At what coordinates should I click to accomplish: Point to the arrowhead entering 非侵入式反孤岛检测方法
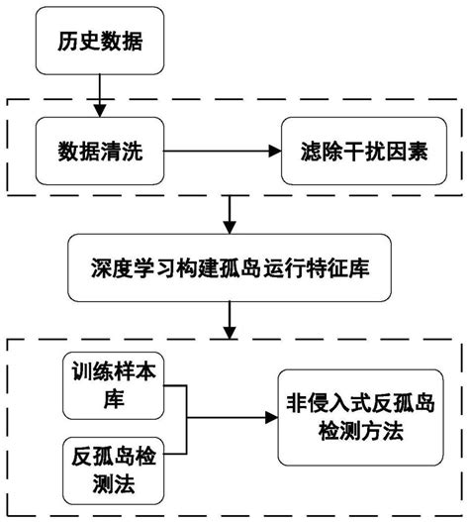coord(269,419)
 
